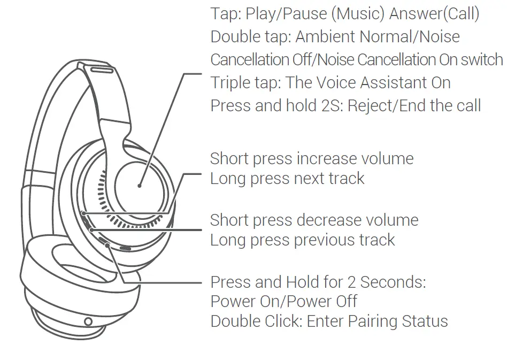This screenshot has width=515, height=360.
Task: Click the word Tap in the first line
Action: (224, 14)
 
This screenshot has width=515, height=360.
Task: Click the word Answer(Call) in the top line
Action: (434, 14)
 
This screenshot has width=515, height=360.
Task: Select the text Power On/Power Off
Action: (283, 302)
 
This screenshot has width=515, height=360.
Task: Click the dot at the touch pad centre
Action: (139, 186)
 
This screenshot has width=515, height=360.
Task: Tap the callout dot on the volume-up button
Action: (84, 212)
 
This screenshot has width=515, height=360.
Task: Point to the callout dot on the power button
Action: (109, 245)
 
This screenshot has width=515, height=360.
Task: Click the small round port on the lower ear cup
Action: (88, 321)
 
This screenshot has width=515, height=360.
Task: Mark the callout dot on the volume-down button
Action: (91, 229)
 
